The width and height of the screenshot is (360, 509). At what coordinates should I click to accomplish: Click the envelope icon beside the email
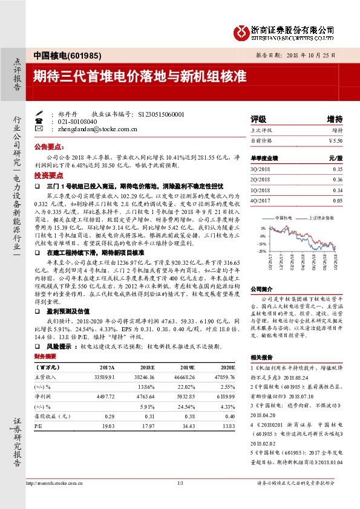(39, 129)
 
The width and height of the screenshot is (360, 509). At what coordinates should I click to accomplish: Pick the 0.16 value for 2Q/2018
(337, 180)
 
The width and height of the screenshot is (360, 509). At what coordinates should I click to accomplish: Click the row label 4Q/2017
(261, 200)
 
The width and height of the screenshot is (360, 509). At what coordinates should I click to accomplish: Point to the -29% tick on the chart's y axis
(262, 250)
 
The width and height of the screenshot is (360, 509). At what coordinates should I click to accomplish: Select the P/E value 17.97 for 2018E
(148, 426)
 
